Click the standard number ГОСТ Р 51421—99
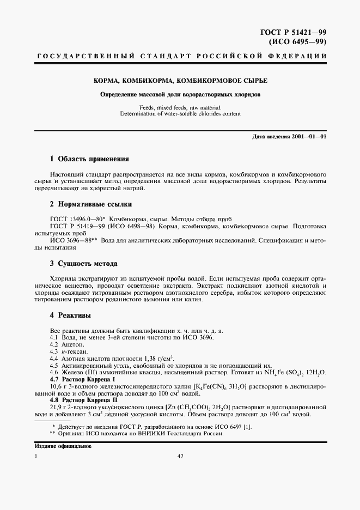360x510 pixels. click(297, 32)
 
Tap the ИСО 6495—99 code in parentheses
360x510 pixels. click(301, 41)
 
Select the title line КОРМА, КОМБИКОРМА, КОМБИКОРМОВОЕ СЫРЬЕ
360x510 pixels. click(180, 81)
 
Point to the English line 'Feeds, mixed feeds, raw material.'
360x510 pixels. click(180, 108)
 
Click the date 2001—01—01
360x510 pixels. click(308, 136)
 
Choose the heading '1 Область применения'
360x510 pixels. click(89, 159)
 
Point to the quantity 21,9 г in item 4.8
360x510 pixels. click(56, 407)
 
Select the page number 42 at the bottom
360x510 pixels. click(180, 457)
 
